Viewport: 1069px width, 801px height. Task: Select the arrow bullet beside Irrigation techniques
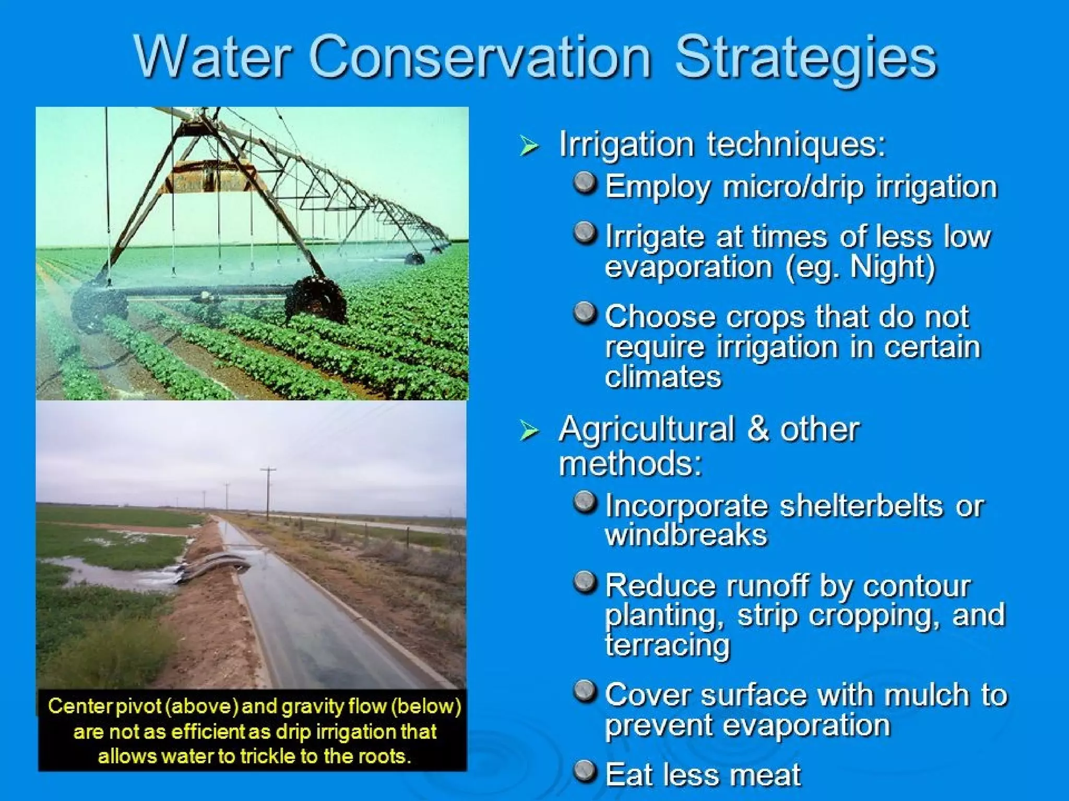click(529, 145)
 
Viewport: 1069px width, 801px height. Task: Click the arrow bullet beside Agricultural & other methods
click(529, 431)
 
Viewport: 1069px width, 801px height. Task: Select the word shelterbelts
click(861, 506)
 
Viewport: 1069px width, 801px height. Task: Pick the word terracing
click(668, 646)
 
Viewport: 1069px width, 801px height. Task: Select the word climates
click(663, 377)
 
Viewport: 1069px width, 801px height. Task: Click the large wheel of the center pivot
click(316, 300)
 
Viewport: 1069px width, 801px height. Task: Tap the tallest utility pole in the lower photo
click(268, 493)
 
